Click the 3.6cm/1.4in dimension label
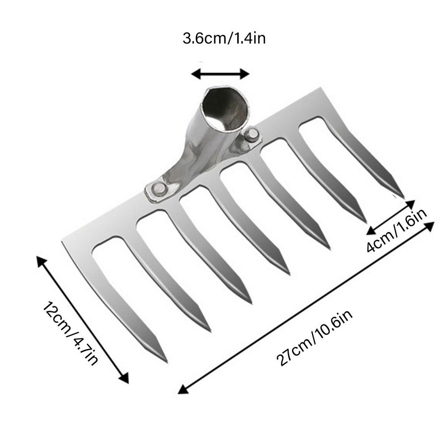click(x=224, y=39)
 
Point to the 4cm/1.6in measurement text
click(x=397, y=233)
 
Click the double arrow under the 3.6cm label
click(x=219, y=73)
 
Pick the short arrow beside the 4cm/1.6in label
click(x=391, y=217)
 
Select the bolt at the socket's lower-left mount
click(x=157, y=190)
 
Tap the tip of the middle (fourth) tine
click(x=288, y=273)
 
